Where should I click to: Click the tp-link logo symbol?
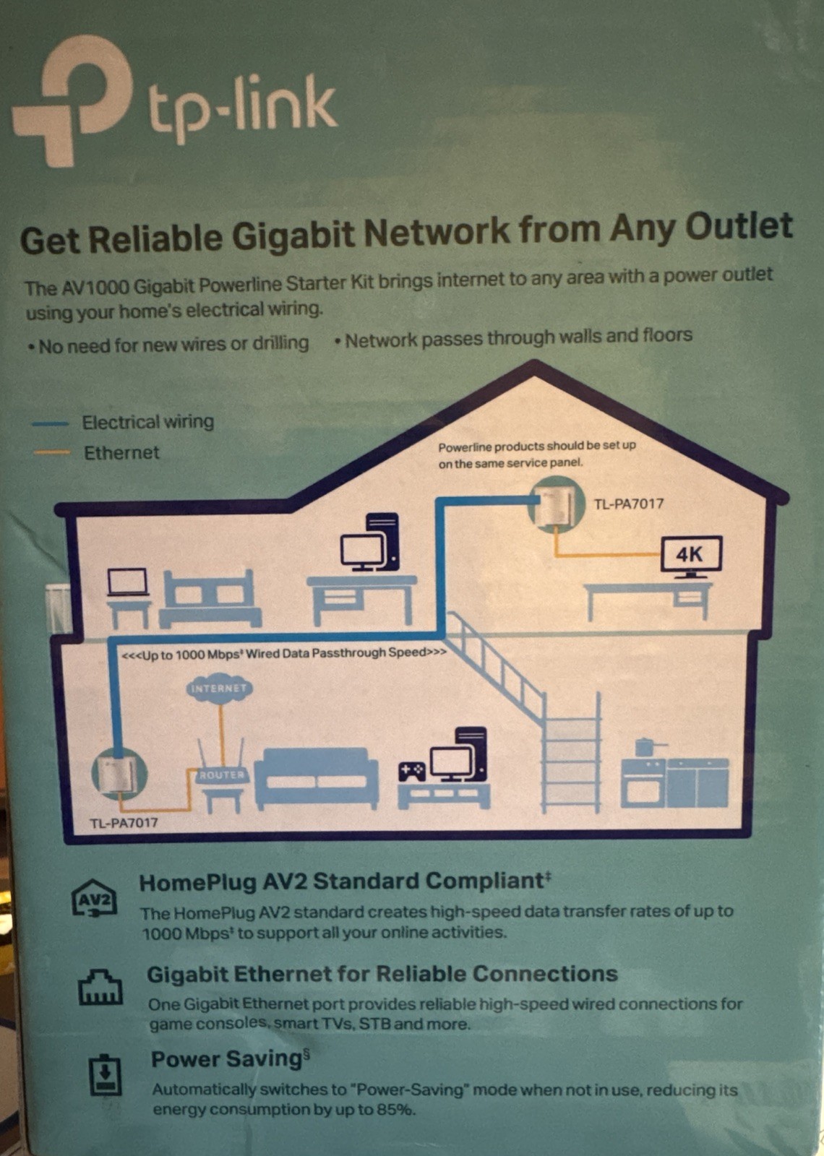tap(72, 101)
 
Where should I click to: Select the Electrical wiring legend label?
tap(147, 422)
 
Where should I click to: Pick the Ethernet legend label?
tap(121, 453)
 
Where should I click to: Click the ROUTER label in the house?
tap(222, 775)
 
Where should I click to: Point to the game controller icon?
tap(412, 772)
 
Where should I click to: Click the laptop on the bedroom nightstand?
tap(127, 582)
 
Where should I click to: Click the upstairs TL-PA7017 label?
tap(628, 504)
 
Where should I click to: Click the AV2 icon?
tap(94, 900)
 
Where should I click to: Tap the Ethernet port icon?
tap(100, 986)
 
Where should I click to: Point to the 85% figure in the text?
tap(396, 1110)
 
